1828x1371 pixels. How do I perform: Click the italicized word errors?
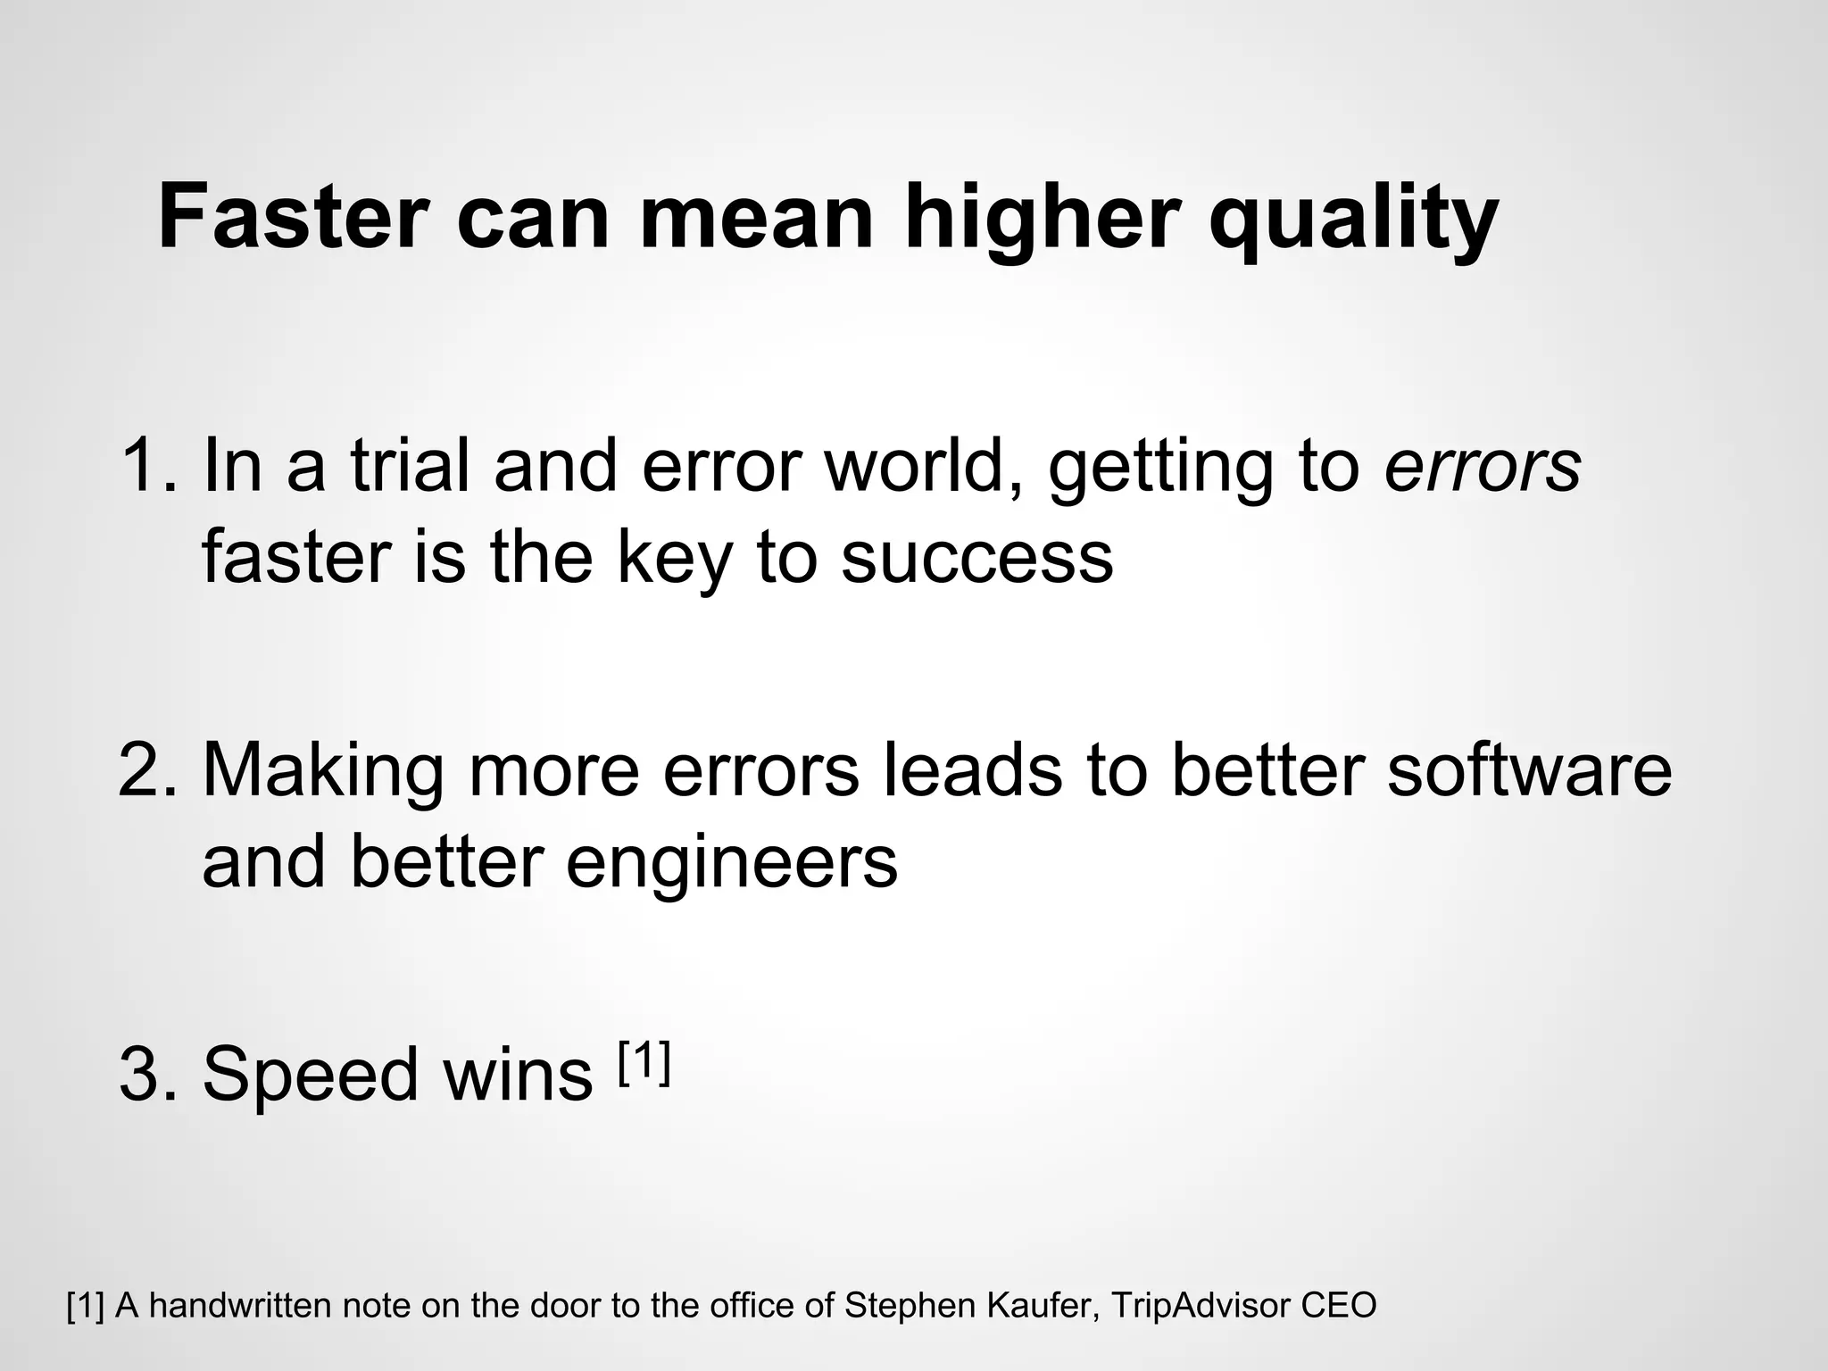pyautogui.click(x=1483, y=465)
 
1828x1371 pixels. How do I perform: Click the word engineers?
pyautogui.click(x=731, y=863)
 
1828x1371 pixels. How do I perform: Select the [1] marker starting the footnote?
pyautogui.click(x=86, y=1306)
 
